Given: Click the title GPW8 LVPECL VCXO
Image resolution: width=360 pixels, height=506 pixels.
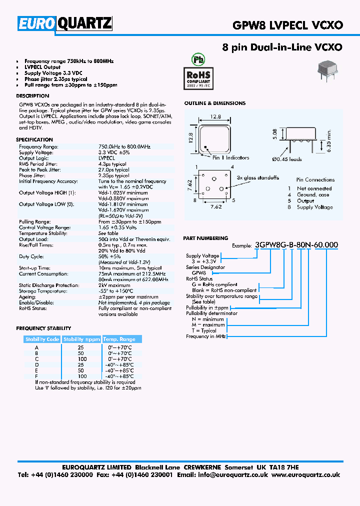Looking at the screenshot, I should click(287, 25).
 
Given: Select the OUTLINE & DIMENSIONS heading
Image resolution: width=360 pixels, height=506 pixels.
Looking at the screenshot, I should click(214, 103).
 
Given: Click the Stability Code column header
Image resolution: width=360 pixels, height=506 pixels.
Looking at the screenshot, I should click(42, 339).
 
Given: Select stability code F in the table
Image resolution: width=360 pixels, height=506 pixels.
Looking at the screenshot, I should click(36, 376).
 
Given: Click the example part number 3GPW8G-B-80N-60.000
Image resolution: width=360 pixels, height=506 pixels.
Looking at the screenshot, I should click(296, 245).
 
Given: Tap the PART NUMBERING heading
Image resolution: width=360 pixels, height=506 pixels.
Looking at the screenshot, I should click(205, 238).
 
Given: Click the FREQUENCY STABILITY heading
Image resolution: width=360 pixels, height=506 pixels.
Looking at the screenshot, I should click(43, 328).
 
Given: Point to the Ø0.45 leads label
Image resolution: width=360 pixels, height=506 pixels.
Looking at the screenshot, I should click(286, 159).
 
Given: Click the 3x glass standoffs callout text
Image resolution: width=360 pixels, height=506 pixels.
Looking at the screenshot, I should click(258, 178).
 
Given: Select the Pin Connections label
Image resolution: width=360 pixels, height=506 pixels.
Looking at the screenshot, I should click(315, 180).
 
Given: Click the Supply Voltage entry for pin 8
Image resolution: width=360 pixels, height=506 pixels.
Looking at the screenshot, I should click(314, 207).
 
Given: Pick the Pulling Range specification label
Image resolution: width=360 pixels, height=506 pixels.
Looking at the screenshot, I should click(34, 221).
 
